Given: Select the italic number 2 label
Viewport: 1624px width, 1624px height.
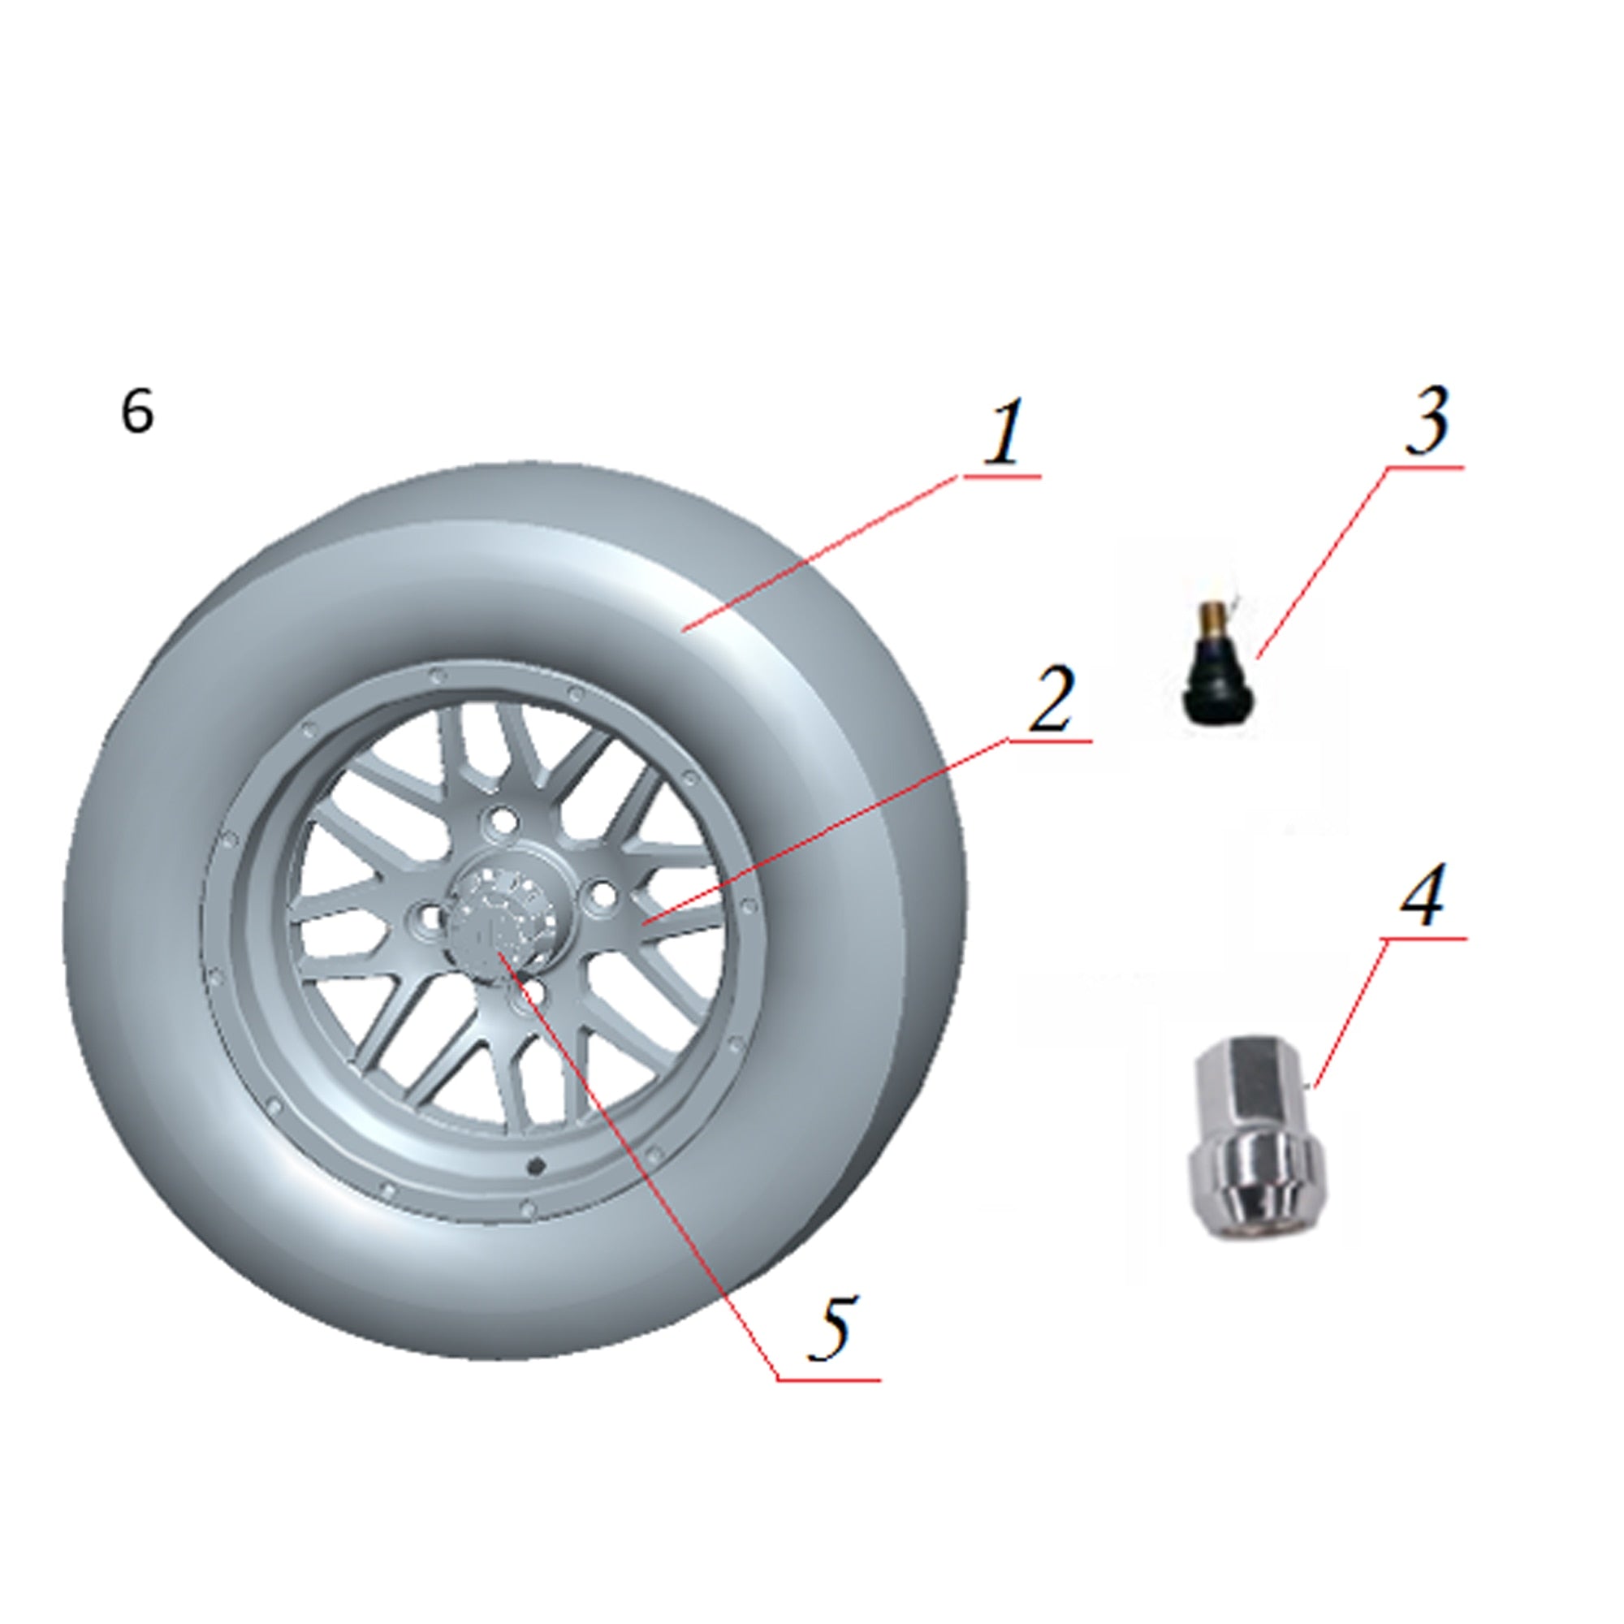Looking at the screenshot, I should click(1051, 698).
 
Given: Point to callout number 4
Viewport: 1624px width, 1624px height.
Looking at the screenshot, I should click(1422, 894).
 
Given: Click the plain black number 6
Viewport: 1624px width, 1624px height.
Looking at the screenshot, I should click(137, 412).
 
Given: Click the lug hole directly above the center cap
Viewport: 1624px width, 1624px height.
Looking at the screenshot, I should click(503, 818).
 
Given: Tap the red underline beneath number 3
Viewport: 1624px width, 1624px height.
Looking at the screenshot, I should click(1424, 465).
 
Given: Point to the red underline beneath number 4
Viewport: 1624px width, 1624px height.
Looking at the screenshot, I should click(1424, 938).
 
